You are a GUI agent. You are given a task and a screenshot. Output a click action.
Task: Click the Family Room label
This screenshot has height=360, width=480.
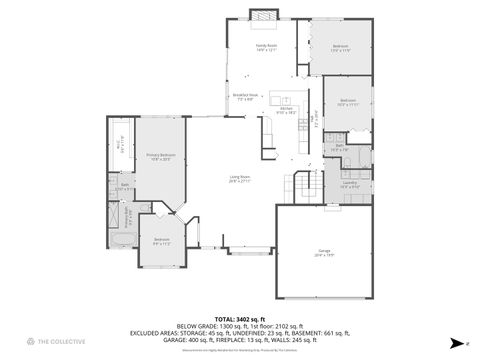coord(266,47)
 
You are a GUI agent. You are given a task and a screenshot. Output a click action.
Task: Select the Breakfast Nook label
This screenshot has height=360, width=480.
coord(244,97)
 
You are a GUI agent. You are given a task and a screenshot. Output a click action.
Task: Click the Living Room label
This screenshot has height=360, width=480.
coord(239,180)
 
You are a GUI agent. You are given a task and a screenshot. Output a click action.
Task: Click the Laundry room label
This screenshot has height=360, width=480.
coord(349,184)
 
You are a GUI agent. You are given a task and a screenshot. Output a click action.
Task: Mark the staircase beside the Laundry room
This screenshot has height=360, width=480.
coord(305,186)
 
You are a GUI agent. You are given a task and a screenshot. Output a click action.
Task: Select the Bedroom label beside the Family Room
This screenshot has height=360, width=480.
coord(340,48)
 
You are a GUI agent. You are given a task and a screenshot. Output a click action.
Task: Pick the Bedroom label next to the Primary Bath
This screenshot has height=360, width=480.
coord(161,240)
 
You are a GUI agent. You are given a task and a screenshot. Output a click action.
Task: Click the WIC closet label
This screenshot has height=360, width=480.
coord(119,145)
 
